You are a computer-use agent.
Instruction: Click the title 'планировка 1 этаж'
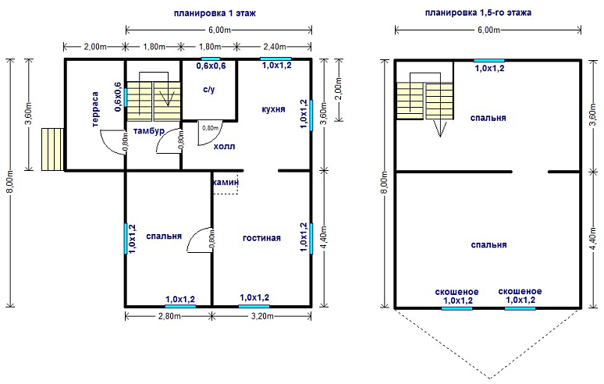[x=215, y=13]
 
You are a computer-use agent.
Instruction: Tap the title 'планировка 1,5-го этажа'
[x=478, y=12]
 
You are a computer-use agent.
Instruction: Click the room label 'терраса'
[x=95, y=109]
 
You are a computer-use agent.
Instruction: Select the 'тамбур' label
[x=149, y=131]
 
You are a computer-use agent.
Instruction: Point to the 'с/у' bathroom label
[x=209, y=90]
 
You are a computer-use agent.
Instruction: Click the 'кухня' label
[x=273, y=109]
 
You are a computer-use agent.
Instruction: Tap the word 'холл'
[x=224, y=147]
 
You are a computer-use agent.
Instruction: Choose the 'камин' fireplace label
[x=226, y=182]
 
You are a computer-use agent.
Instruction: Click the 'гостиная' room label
[x=261, y=238]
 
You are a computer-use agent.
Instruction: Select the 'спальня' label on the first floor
[x=164, y=236]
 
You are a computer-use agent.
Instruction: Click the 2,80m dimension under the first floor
[x=169, y=316]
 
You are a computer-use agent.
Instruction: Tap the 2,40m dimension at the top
[x=274, y=47]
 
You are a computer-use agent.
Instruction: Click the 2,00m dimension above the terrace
[x=95, y=47]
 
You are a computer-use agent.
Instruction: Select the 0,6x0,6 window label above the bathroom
[x=211, y=66]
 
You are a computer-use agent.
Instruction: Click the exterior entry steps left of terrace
[x=52, y=149]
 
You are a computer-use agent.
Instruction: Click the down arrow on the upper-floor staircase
[x=440, y=128]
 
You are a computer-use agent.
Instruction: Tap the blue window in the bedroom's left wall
[x=126, y=238]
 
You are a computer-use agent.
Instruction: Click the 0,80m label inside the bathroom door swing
[x=211, y=128]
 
